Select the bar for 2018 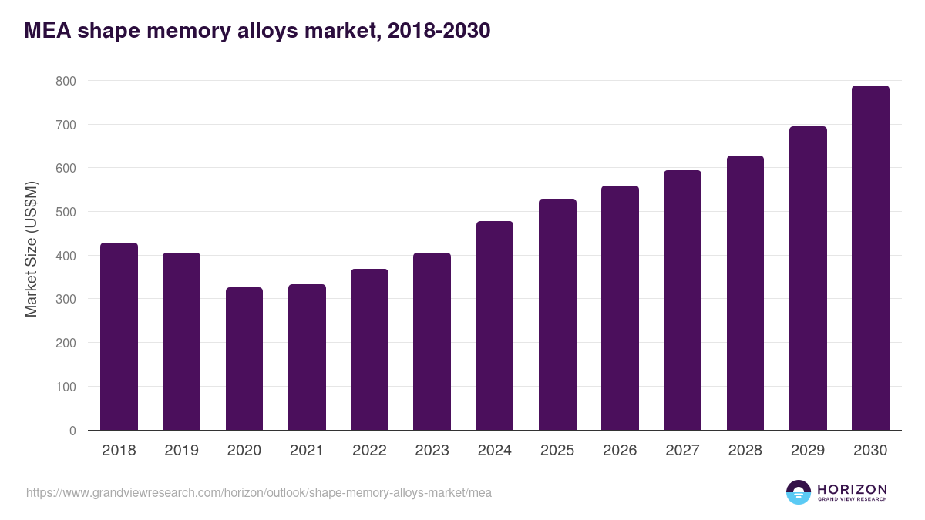click(x=119, y=337)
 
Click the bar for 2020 click(x=244, y=359)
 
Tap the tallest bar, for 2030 click(x=870, y=258)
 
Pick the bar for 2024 click(x=495, y=326)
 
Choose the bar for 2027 click(x=682, y=300)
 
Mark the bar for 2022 click(x=369, y=350)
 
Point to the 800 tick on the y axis click(x=66, y=81)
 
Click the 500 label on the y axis click(x=66, y=212)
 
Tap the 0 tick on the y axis click(x=72, y=431)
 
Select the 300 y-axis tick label click(x=66, y=299)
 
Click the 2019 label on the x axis click(x=181, y=451)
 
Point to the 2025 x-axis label click(x=557, y=451)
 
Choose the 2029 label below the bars click(x=808, y=451)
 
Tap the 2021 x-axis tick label click(x=307, y=451)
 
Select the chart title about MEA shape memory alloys click(x=257, y=31)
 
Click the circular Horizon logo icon click(x=799, y=492)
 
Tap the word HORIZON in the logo click(x=852, y=489)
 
